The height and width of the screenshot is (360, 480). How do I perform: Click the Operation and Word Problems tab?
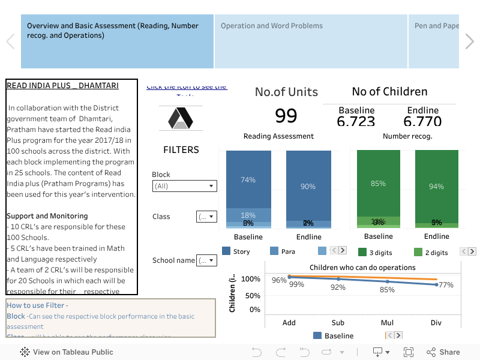click(x=272, y=26)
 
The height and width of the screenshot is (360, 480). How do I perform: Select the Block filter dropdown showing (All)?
click(x=184, y=186)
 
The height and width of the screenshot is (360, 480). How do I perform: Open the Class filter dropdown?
click(x=206, y=217)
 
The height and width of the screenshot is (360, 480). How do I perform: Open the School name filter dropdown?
click(x=206, y=260)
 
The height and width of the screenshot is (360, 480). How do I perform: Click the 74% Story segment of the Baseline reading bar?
click(x=248, y=179)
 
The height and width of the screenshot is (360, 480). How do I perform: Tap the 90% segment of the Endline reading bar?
click(x=308, y=186)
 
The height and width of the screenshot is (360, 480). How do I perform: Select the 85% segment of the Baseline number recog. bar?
click(x=378, y=183)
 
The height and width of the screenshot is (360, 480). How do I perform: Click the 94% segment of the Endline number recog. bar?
click(x=436, y=186)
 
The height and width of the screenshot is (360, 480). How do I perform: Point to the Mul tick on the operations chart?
click(x=387, y=323)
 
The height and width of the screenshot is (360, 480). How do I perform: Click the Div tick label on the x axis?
click(x=436, y=323)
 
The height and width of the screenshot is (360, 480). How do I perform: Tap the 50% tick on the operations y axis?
click(x=251, y=296)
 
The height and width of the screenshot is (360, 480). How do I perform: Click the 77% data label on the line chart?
click(x=446, y=285)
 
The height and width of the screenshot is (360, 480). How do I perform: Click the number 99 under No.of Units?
click(x=286, y=115)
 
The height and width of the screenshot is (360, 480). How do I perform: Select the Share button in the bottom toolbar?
click(x=443, y=352)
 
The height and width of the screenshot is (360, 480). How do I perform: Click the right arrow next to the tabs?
click(x=469, y=41)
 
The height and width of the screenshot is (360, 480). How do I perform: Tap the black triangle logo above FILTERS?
click(x=181, y=118)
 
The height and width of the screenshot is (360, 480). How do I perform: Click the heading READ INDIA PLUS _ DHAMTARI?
click(x=62, y=86)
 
